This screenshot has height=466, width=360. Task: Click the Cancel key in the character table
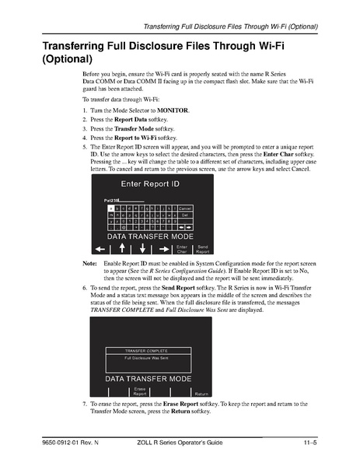tap(185, 208)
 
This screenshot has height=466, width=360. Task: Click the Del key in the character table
tap(185, 215)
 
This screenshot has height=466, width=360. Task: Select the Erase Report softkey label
tap(140, 391)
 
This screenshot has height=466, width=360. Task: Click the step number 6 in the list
tap(85, 287)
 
